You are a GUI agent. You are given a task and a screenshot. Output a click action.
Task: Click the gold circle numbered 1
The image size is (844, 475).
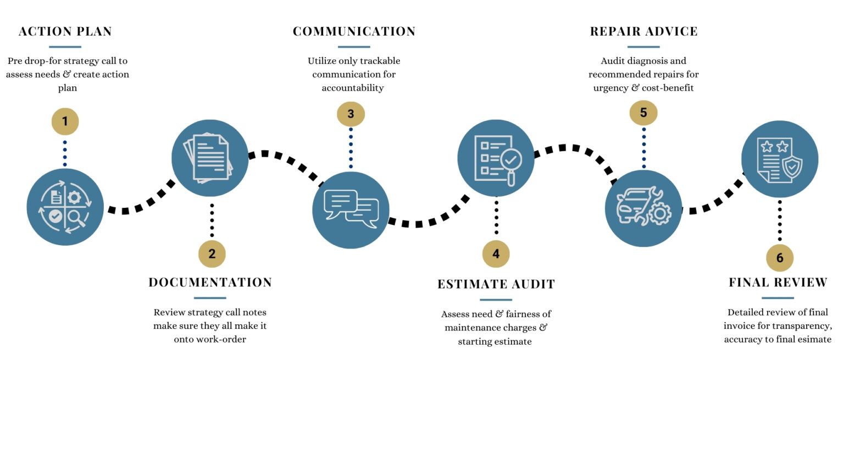[x=65, y=121]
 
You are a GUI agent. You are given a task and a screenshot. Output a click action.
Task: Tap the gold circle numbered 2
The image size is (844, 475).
[x=212, y=254]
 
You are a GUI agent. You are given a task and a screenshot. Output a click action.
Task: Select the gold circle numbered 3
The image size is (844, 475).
[x=351, y=114]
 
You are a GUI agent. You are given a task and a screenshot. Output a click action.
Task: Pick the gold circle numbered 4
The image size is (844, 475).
[x=496, y=254]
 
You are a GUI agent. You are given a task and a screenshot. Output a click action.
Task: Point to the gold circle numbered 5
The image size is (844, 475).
[x=643, y=113]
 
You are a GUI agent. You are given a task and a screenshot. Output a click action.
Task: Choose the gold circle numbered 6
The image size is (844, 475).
[x=780, y=258]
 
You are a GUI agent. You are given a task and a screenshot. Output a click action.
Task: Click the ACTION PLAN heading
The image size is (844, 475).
[x=65, y=31]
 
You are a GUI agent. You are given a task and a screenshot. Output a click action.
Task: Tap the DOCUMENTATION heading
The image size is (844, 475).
[x=210, y=283]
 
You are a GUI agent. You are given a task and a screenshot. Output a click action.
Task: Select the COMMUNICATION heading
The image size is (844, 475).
[x=354, y=31]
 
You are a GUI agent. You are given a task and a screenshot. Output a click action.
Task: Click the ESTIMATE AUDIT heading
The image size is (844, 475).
[x=496, y=284]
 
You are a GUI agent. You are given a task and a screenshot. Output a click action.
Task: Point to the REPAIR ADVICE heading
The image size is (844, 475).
[x=643, y=31]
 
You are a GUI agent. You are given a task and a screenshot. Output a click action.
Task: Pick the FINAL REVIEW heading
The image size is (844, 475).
[x=778, y=283]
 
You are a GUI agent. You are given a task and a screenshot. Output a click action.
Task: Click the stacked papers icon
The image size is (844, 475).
[x=210, y=158]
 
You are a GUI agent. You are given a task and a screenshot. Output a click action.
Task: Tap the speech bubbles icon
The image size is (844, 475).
[x=351, y=209]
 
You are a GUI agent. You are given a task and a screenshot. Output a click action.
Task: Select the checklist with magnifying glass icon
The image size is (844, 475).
[x=496, y=158]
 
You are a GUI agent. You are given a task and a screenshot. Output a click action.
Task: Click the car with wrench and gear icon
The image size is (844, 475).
[x=643, y=208]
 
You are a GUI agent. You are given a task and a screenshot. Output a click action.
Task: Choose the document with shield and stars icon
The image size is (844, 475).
[x=780, y=159]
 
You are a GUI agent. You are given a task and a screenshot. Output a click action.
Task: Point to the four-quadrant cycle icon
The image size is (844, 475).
[x=65, y=207]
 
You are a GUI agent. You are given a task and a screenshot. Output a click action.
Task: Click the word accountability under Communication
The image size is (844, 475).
[x=353, y=88]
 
